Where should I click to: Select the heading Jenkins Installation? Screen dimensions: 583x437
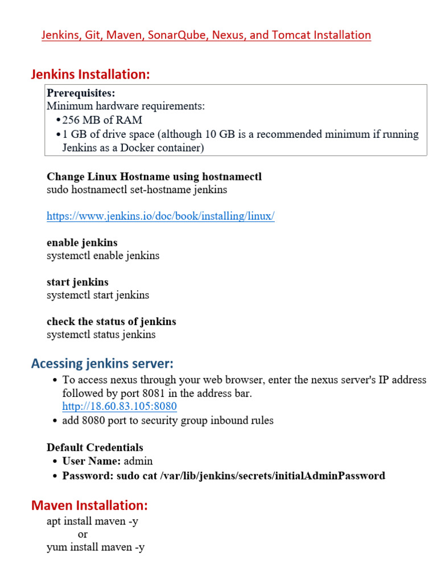pyautogui.click(x=90, y=74)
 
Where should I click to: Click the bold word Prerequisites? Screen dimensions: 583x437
pyautogui.click(x=81, y=93)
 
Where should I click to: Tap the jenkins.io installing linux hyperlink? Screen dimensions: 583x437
pyautogui.click(x=160, y=216)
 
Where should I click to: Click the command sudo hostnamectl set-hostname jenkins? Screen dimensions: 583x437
pyautogui.click(x=137, y=190)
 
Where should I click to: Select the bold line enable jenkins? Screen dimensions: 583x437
pyautogui.click(x=82, y=243)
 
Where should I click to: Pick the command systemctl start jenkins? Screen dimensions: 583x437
pyautogui.click(x=98, y=295)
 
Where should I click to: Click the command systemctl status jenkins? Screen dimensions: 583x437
pyautogui.click(x=101, y=334)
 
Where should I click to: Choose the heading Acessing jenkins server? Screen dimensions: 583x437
pyautogui.click(x=102, y=363)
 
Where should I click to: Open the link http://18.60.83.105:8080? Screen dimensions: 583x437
pyautogui.click(x=119, y=407)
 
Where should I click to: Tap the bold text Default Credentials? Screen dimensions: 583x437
pyautogui.click(x=95, y=447)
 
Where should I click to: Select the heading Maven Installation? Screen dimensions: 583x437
pyautogui.click(x=89, y=505)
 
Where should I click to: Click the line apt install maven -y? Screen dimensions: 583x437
pyautogui.click(x=92, y=521)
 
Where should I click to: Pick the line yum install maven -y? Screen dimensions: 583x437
pyautogui.click(x=96, y=548)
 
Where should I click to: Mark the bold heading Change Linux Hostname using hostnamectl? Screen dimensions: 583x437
pyautogui.click(x=154, y=176)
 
